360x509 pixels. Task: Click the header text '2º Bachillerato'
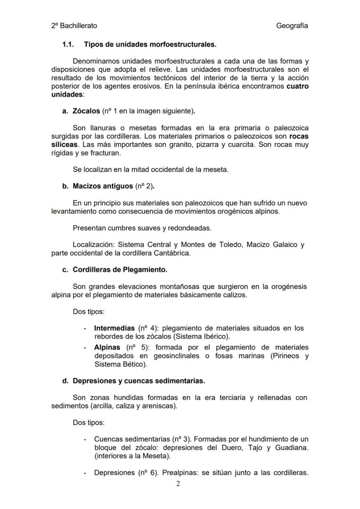74,26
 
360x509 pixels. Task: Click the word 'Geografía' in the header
292,26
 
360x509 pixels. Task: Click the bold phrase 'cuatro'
297,86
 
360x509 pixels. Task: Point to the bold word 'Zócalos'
86,111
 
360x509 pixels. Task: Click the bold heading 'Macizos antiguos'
103,186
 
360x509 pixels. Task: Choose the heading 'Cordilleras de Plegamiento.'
120,269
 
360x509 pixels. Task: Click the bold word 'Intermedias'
114,328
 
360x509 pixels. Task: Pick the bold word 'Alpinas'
107,347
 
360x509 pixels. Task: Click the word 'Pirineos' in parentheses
285,356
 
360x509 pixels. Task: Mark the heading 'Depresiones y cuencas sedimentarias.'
139,381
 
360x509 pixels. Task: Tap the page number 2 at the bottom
177,484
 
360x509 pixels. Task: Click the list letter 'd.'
66,381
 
